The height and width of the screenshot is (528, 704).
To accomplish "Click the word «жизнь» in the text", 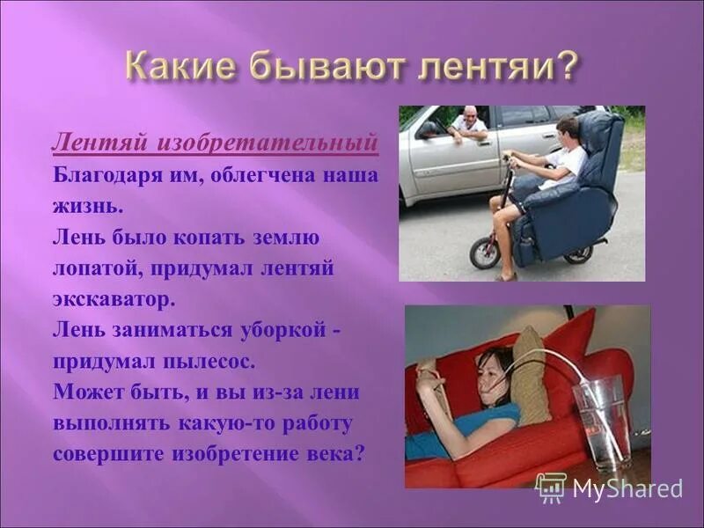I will (84, 206).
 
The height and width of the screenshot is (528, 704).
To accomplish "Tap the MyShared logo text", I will (627, 489).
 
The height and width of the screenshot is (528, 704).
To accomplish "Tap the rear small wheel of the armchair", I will (578, 254).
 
